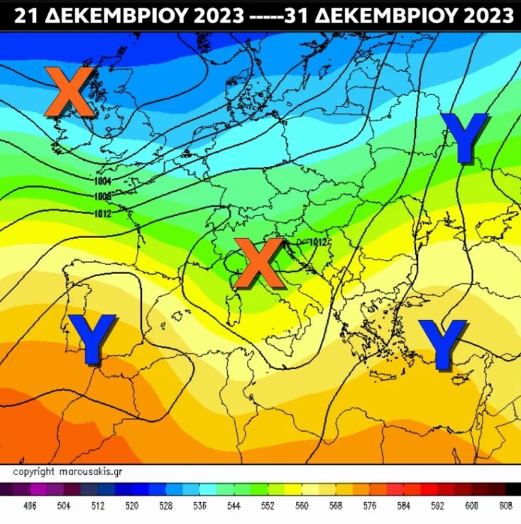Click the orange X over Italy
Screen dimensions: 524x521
pos(258,263)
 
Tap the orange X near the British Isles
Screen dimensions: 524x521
pos(69,92)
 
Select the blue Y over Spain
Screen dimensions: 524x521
pos(92,339)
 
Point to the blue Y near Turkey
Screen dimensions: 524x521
pos(443,344)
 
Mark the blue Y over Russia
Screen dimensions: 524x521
pos(464,137)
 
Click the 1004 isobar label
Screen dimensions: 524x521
pos(102,181)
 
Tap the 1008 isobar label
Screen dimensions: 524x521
pos(102,196)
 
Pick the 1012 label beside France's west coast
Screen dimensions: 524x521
pos(102,212)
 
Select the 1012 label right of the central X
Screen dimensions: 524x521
pos(317,242)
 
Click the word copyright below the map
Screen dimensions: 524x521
pos(33,471)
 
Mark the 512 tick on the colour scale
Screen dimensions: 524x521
pos(98,506)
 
